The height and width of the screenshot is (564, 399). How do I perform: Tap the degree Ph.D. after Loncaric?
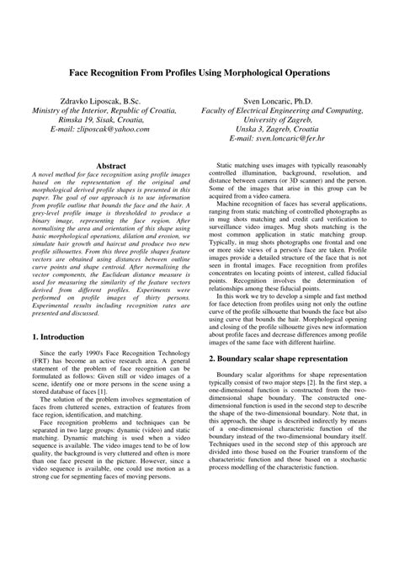pos(326,99)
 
